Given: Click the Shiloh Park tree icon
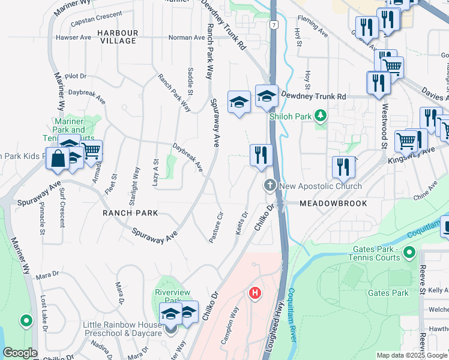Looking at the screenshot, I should [x=321, y=115].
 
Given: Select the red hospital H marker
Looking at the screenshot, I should [x=255, y=293].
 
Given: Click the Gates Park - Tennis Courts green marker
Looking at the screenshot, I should [x=410, y=252].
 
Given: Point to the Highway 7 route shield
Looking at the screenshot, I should [x=273, y=25].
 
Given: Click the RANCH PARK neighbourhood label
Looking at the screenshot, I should [x=130, y=213].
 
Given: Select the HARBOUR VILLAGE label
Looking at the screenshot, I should [x=118, y=37].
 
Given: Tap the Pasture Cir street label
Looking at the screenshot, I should [x=217, y=227].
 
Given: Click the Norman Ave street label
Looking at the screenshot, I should [x=187, y=37].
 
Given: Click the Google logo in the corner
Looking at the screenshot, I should [x=20, y=353].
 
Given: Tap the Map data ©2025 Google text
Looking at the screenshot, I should [x=412, y=355].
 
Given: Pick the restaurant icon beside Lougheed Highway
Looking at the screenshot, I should [x=261, y=155].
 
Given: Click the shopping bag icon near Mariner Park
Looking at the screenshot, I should [x=58, y=159].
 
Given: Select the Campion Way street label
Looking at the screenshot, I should [x=229, y=324].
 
